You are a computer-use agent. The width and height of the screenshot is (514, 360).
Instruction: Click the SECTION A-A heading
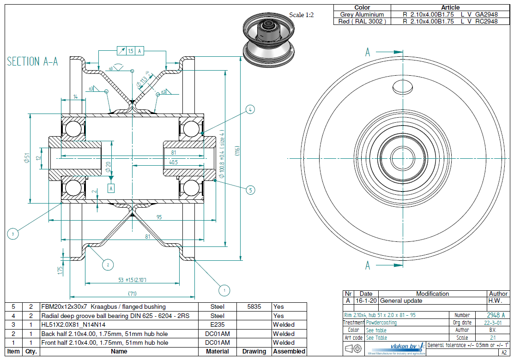pyautogui.click(x=32, y=62)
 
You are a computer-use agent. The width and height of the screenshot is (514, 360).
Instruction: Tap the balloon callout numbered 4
pyautogui.click(x=250, y=109)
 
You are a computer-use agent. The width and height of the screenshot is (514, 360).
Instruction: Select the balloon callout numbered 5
pyautogui.click(x=250, y=189)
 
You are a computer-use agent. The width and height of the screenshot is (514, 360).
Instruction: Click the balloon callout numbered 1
pyautogui.click(x=224, y=290)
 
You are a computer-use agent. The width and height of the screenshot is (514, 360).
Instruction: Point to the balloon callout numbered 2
pyautogui.click(x=108, y=264)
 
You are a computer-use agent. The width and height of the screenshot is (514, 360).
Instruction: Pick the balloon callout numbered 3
pyautogui.click(x=13, y=234)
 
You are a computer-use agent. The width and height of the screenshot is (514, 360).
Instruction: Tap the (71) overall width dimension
pyautogui.click(x=132, y=294)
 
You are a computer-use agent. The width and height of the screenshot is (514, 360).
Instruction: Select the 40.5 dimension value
pyautogui.click(x=173, y=162)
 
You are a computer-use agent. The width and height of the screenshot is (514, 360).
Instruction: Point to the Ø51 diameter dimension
pyautogui.click(x=27, y=158)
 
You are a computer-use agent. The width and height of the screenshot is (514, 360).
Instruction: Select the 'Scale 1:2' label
pyautogui.click(x=302, y=15)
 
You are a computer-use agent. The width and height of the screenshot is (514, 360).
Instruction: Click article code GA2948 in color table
pyautogui.click(x=486, y=14)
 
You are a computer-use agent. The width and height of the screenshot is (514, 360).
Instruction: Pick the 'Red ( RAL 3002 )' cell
pyautogui.click(x=362, y=21)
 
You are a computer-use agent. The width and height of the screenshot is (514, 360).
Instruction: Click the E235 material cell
pyautogui.click(x=217, y=324)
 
